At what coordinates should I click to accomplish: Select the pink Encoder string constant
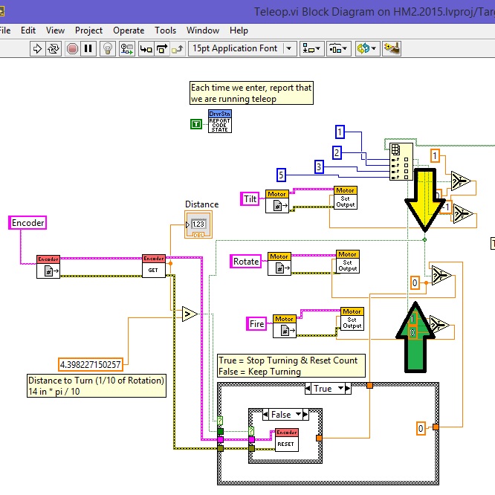[x=28, y=222]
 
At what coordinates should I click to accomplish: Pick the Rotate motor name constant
[x=246, y=261]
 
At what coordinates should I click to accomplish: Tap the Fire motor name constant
[x=256, y=323]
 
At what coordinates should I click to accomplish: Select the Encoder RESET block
[x=286, y=440]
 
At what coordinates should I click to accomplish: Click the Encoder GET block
[x=153, y=266]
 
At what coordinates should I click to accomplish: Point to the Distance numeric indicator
[x=198, y=224]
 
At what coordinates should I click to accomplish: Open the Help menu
[x=239, y=30]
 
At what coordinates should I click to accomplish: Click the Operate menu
[x=129, y=30]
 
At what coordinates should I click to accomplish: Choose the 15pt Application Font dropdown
[x=242, y=48]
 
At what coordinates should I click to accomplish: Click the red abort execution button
[x=72, y=48]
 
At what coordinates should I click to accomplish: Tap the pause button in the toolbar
[x=88, y=48]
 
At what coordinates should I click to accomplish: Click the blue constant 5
[x=282, y=175]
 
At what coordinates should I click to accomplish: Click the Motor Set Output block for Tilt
[x=345, y=198]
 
